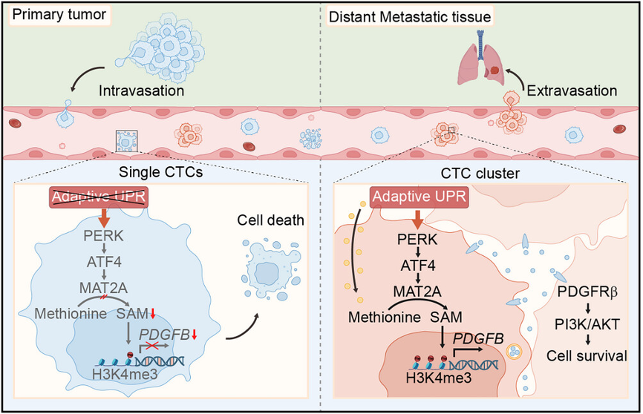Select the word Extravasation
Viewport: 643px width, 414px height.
click(572, 91)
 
